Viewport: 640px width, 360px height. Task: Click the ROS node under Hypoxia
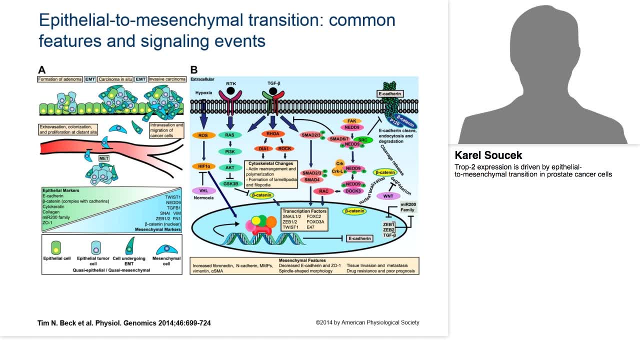pyautogui.click(x=203, y=135)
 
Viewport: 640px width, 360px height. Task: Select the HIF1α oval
pyautogui.click(x=203, y=166)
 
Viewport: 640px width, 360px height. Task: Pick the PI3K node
pyautogui.click(x=229, y=151)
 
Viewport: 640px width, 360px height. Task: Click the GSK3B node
pyautogui.click(x=229, y=184)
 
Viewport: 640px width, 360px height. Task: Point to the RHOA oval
pyautogui.click(x=272, y=133)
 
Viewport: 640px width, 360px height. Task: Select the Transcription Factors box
pyautogui.click(x=303, y=219)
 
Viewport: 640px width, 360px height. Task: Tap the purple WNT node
pyautogui.click(x=388, y=196)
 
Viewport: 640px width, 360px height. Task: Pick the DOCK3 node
pyautogui.click(x=353, y=191)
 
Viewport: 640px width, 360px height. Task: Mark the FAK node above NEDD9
pyautogui.click(x=351, y=121)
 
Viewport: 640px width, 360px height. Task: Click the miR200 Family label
pyautogui.click(x=407, y=207)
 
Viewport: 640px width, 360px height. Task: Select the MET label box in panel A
pyautogui.click(x=103, y=158)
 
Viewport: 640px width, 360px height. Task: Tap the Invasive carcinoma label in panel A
pyautogui.click(x=167, y=79)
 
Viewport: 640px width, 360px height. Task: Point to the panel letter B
pyautogui.click(x=194, y=70)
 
